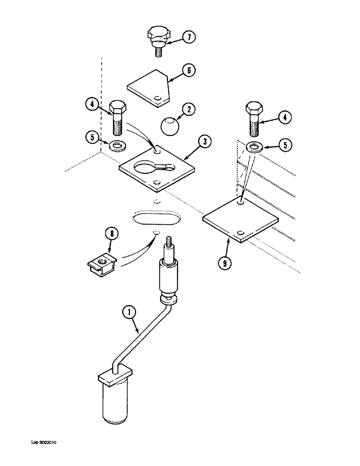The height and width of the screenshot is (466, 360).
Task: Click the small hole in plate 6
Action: coord(159,98)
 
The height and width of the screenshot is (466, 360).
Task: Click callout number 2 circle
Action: coord(188,110)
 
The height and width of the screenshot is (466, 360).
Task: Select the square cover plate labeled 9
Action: coord(240,219)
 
